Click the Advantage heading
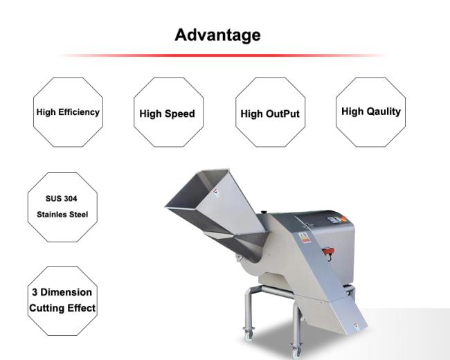(x=217, y=35)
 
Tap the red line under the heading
(x=223, y=55)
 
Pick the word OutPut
(x=282, y=114)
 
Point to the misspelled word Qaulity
(x=384, y=111)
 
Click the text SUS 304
(x=62, y=199)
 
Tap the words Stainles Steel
(x=62, y=214)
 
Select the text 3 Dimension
(x=62, y=292)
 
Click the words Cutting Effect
(x=62, y=308)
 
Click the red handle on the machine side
(x=329, y=251)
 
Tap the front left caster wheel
(x=249, y=335)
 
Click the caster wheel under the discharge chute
(x=296, y=351)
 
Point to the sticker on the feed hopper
(x=216, y=192)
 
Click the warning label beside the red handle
(x=304, y=237)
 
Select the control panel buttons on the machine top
(x=337, y=219)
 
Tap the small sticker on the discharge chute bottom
(x=356, y=326)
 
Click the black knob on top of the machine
(x=264, y=213)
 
